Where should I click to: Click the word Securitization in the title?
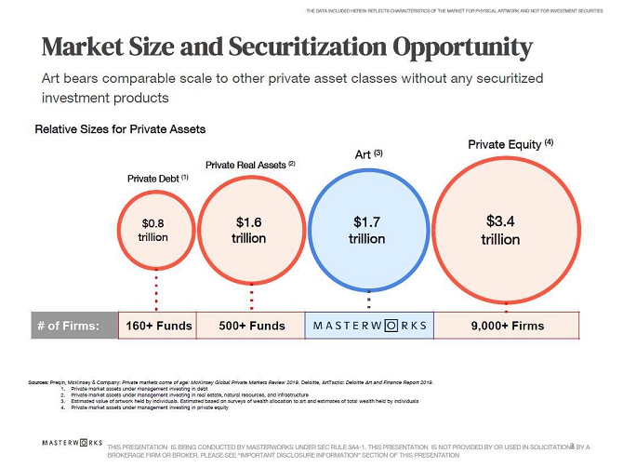300,47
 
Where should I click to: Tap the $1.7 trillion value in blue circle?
368,230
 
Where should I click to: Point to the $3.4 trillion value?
500,230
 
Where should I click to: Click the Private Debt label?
157,177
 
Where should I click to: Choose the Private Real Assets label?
250,165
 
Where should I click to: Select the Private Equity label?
510,144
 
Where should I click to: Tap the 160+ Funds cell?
160,326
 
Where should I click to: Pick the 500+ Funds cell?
253,326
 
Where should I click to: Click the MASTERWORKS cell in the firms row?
369,326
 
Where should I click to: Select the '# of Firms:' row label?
75,326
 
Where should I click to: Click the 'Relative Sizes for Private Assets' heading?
120,128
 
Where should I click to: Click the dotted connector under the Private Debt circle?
156,292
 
